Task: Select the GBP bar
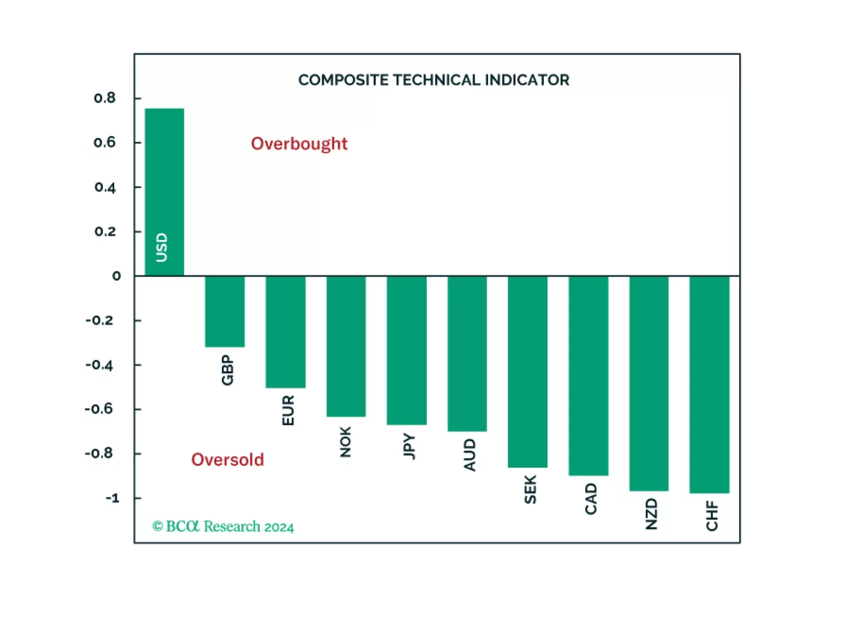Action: click(x=225, y=311)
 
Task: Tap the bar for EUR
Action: click(x=286, y=332)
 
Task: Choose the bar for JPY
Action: click(x=407, y=351)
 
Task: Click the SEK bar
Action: click(x=527, y=372)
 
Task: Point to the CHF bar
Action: click(x=709, y=385)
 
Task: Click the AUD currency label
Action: click(x=470, y=455)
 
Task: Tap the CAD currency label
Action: click(x=591, y=499)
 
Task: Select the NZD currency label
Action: click(x=651, y=514)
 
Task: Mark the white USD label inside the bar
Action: click(x=162, y=248)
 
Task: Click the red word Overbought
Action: click(x=299, y=143)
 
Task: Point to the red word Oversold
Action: click(x=227, y=460)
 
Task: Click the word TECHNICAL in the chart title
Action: click(x=436, y=80)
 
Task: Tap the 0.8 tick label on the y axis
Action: click(x=105, y=98)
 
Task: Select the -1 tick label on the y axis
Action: click(x=112, y=498)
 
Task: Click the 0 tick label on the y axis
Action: click(x=116, y=276)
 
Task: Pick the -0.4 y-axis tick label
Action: click(x=100, y=365)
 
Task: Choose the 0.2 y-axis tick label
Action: click(x=105, y=232)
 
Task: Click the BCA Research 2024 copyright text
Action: click(x=223, y=526)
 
